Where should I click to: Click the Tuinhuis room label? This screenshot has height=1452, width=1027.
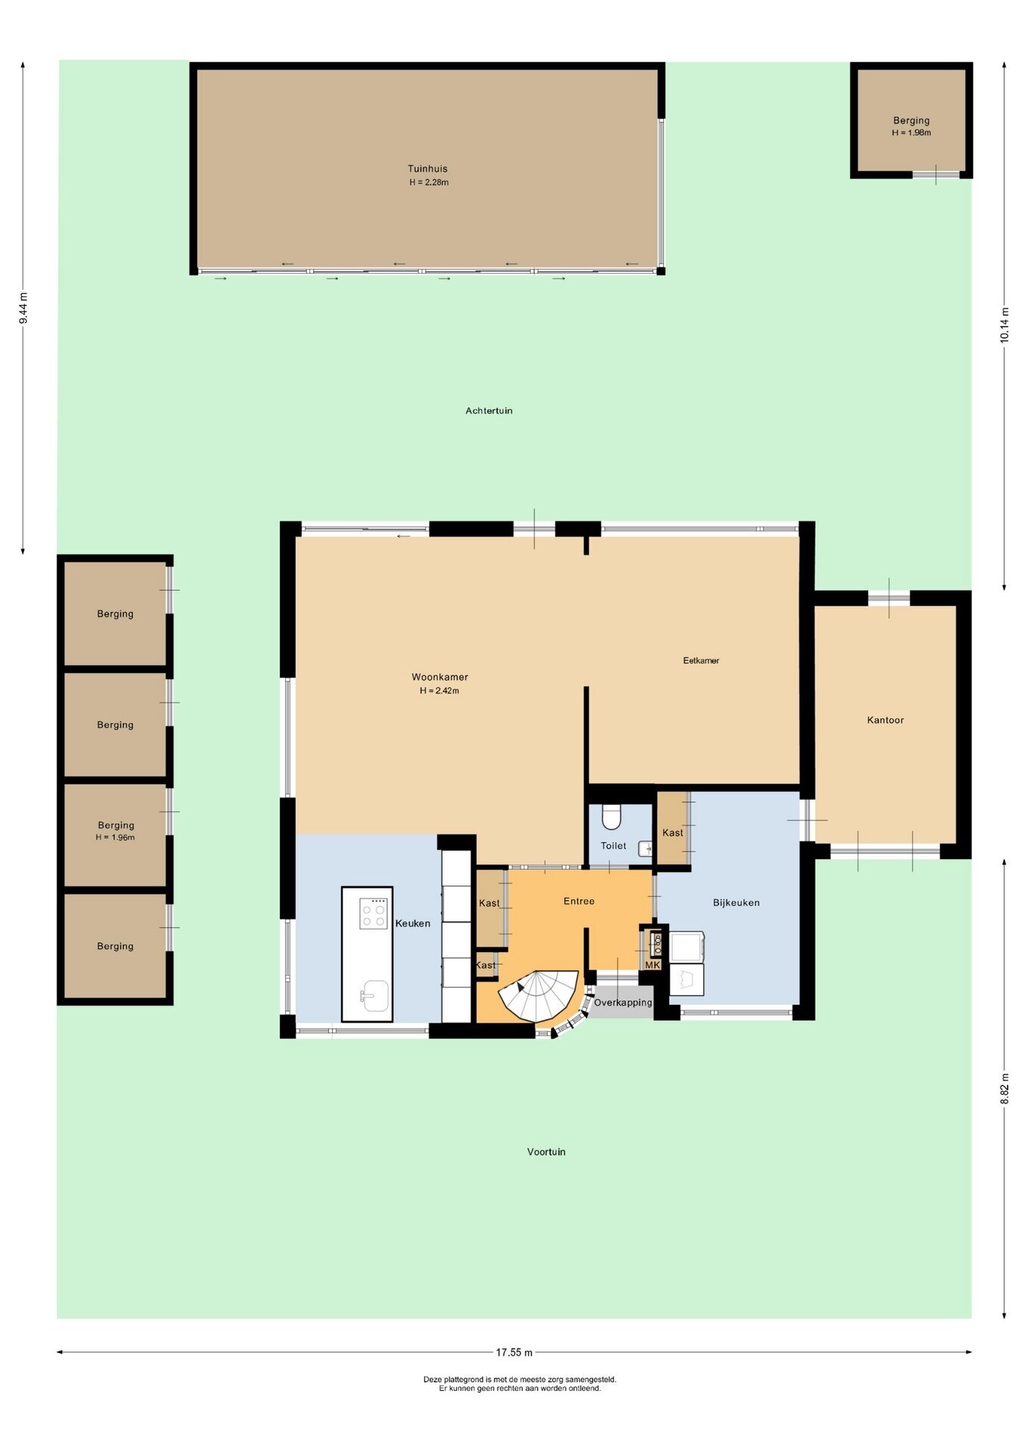pyautogui.click(x=427, y=169)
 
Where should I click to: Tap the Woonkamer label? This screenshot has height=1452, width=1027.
pyautogui.click(x=439, y=677)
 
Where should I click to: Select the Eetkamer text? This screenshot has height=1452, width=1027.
pyautogui.click(x=701, y=660)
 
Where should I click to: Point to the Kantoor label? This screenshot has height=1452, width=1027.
pyautogui.click(x=886, y=720)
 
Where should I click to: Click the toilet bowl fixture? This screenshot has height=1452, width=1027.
pyautogui.click(x=611, y=817)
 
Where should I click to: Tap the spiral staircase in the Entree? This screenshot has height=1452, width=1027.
pyautogui.click(x=540, y=996)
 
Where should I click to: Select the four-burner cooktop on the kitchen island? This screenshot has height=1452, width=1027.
pyautogui.click(x=374, y=913)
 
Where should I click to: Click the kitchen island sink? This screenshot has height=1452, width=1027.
pyautogui.click(x=374, y=996)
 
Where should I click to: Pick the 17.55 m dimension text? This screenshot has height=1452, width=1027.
pyautogui.click(x=514, y=1352)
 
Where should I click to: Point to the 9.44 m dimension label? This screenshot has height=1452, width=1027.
pyautogui.click(x=23, y=309)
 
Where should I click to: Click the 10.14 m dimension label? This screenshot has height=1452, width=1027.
pyautogui.click(x=1004, y=325)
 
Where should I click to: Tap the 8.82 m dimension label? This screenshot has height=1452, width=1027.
pyautogui.click(x=1004, y=1088)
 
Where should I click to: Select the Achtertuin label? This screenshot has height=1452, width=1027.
pyautogui.click(x=489, y=411)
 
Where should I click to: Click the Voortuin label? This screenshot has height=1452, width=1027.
pyautogui.click(x=546, y=1152)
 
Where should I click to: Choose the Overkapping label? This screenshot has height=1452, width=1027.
pyautogui.click(x=622, y=1003)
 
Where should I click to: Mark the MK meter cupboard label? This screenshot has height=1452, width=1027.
pyautogui.click(x=653, y=965)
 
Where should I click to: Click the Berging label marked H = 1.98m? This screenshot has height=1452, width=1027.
pyautogui.click(x=911, y=120)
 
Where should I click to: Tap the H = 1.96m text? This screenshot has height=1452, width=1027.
pyautogui.click(x=115, y=837)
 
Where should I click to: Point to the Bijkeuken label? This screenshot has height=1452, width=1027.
pyautogui.click(x=736, y=902)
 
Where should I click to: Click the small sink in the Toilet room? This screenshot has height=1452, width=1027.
pyautogui.click(x=646, y=849)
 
